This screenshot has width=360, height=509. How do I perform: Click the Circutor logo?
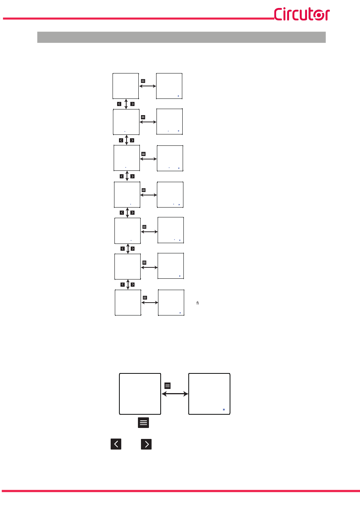(302, 14)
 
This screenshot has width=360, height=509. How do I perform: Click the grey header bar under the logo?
(181, 37)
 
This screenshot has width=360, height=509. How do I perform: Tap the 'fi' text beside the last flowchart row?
(197, 303)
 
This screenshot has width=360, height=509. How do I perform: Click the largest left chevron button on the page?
(116, 444)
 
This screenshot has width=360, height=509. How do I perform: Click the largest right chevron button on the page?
(146, 444)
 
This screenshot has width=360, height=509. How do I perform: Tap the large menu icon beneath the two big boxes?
(143, 423)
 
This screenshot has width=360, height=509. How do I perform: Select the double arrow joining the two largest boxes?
(175, 394)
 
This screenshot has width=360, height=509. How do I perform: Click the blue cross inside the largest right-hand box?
(224, 409)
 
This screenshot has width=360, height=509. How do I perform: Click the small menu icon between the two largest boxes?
(167, 386)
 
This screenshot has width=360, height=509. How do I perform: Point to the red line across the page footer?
(180, 491)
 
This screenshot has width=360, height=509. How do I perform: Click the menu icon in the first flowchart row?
(143, 81)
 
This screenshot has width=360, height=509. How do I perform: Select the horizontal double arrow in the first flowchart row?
(148, 86)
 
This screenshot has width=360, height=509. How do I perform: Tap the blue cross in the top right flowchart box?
(178, 96)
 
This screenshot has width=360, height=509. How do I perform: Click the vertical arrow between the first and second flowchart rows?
(126, 104)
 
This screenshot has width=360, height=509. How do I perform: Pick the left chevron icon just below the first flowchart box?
(119, 104)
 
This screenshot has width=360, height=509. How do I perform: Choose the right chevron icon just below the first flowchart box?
(132, 104)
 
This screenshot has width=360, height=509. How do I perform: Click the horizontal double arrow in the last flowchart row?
(150, 303)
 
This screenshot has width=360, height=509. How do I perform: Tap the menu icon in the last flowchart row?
(145, 298)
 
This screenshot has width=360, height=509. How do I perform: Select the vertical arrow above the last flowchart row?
(128, 284)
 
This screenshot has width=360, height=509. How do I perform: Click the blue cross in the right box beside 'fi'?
(180, 313)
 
